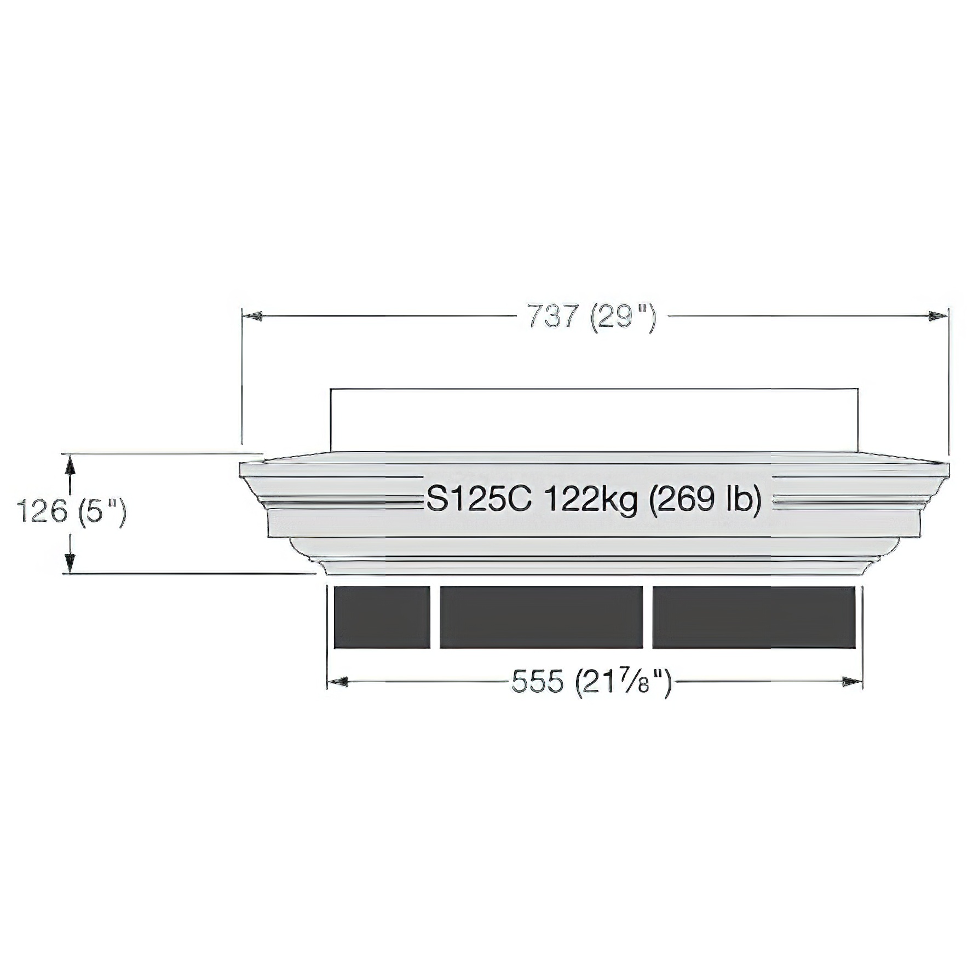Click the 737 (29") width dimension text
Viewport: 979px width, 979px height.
pos(592,317)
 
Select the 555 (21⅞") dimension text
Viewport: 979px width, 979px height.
pos(591,682)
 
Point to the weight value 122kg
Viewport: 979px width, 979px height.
pos(591,500)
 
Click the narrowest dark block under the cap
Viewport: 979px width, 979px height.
pos(382,618)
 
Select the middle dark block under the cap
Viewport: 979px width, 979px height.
pos(541,618)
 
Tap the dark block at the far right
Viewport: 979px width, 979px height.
pos(754,618)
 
